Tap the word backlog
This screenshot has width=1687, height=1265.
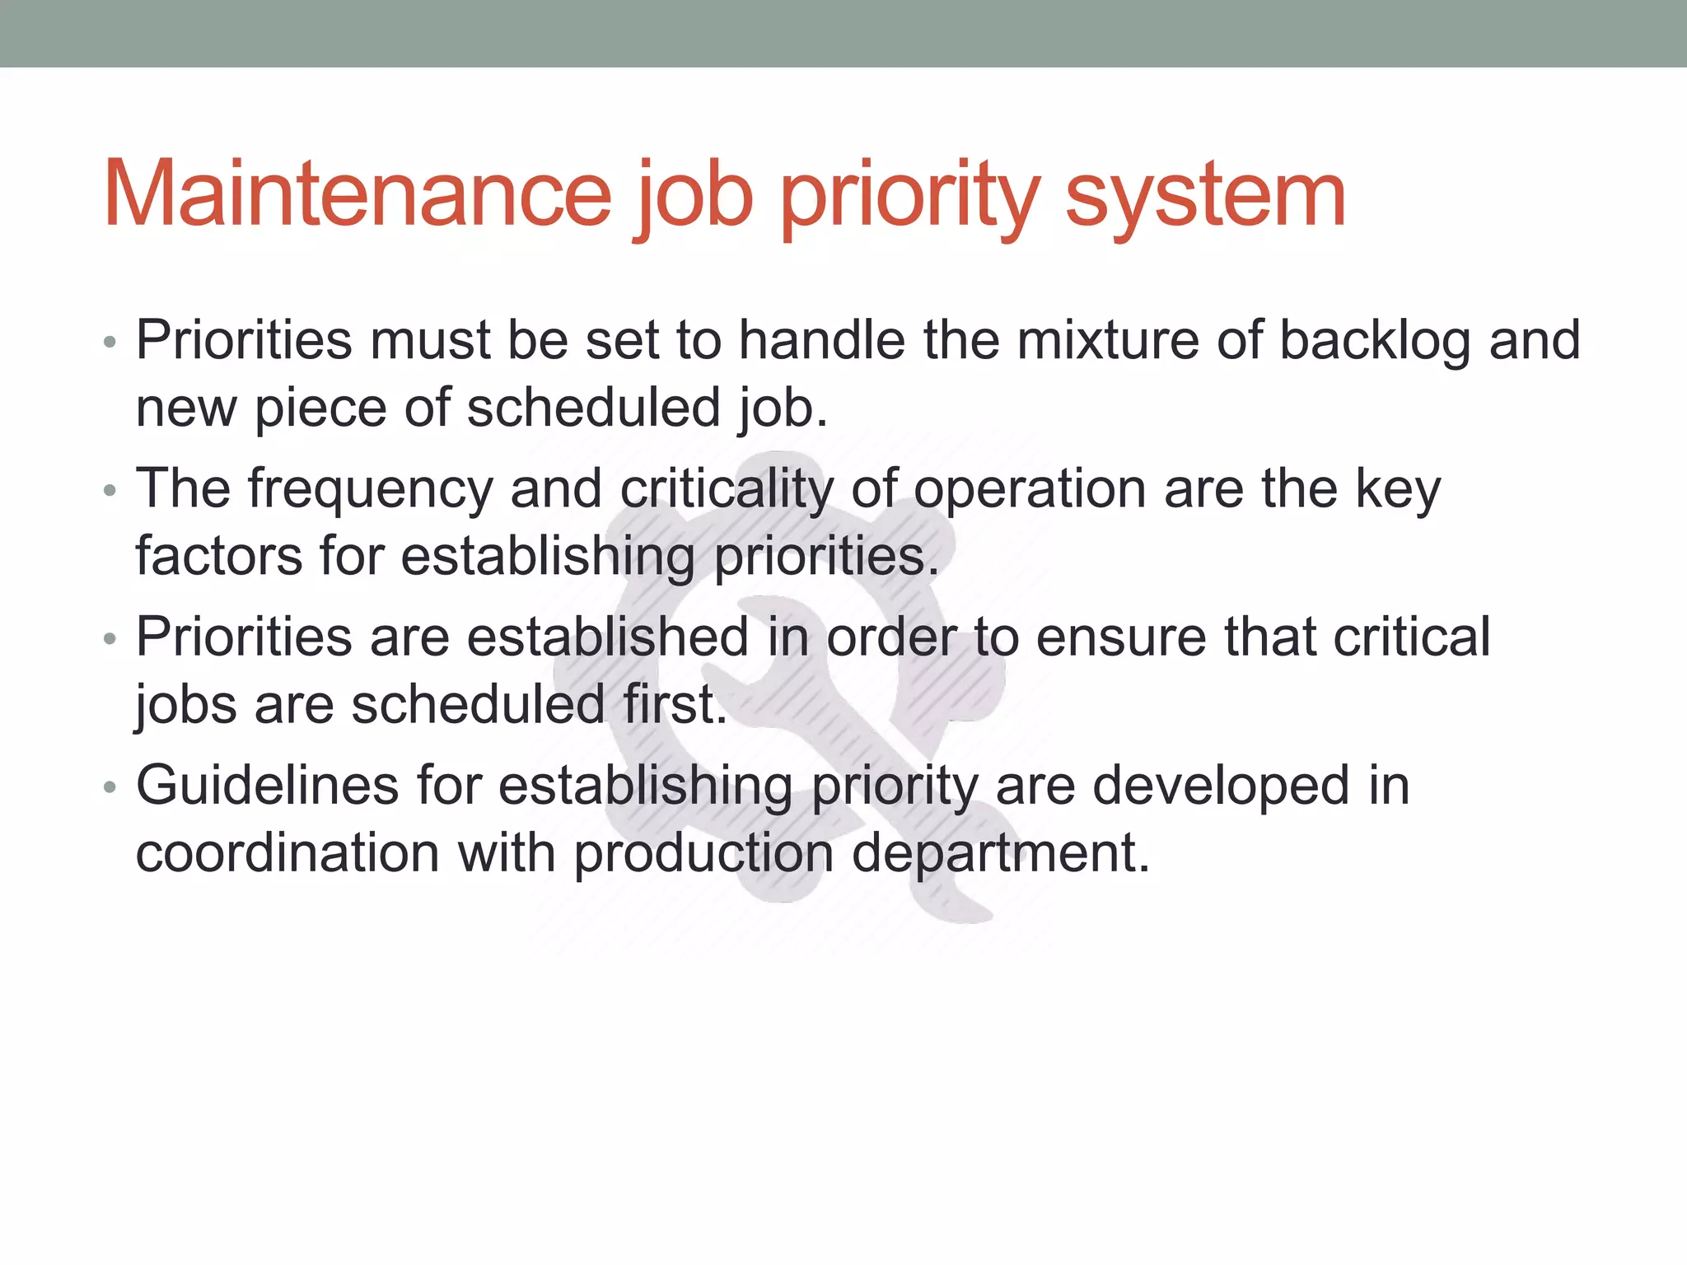pos(1374,340)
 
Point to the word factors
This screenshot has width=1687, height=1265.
pos(218,556)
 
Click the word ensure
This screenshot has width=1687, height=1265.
pos(1120,637)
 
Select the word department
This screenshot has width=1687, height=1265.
pos(1000,854)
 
